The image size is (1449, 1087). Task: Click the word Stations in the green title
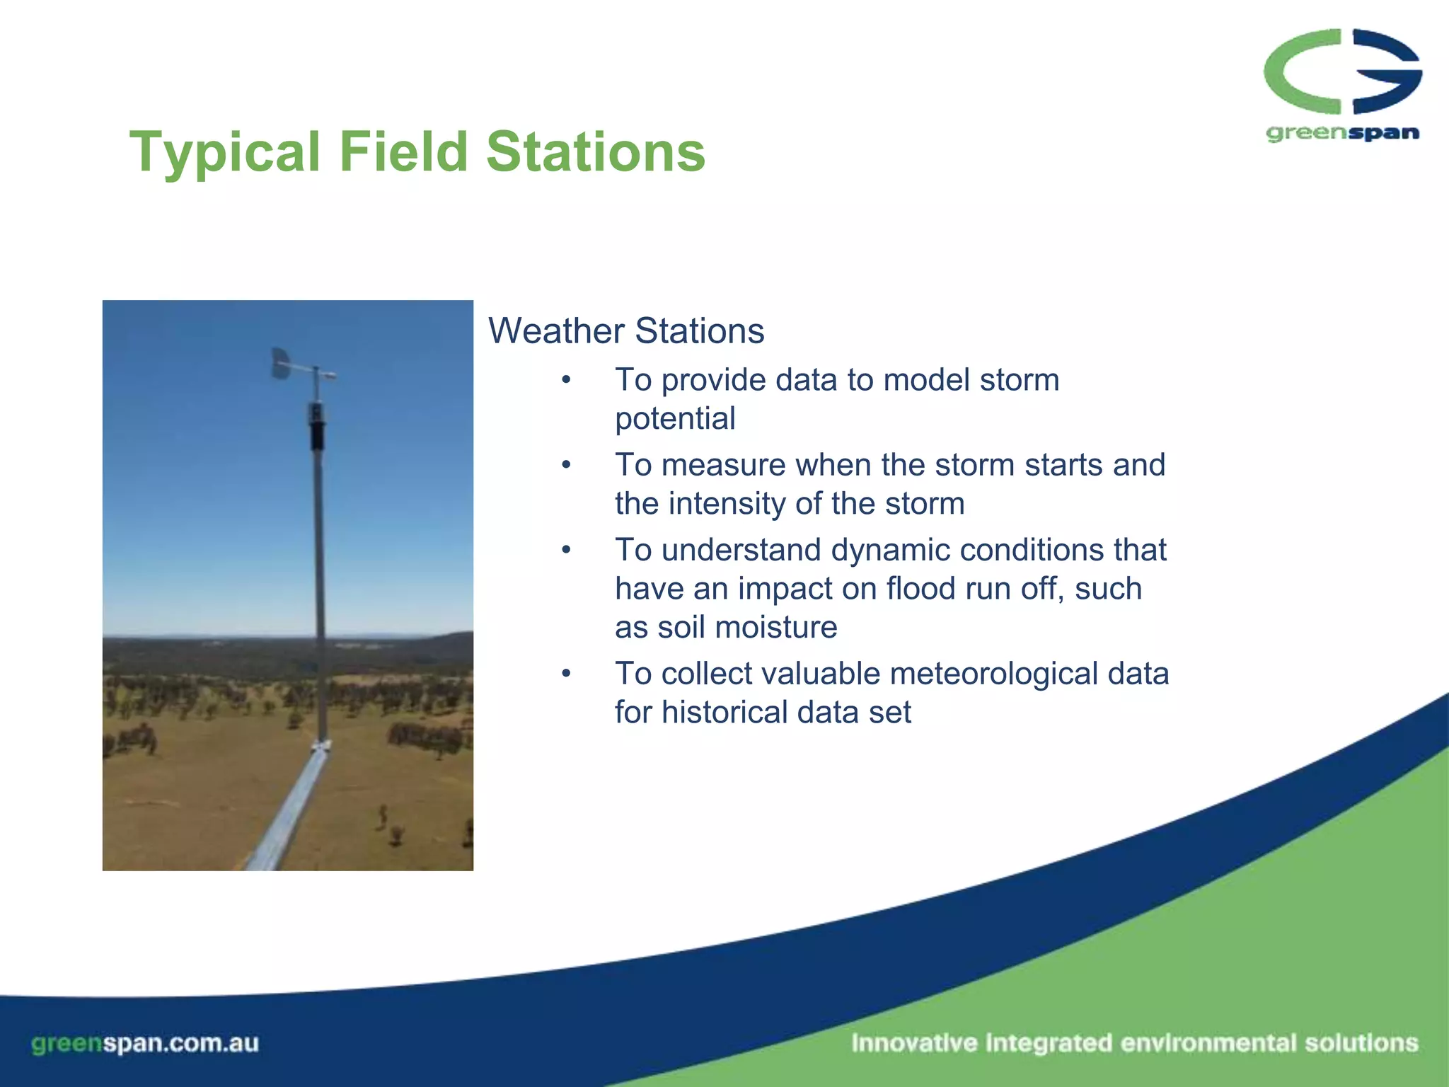click(x=596, y=151)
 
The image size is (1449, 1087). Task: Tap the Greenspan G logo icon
click(x=1342, y=71)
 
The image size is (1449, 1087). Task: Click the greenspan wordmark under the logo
click(x=1342, y=133)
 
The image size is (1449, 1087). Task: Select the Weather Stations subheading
click(x=626, y=330)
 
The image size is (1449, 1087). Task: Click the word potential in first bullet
click(x=675, y=418)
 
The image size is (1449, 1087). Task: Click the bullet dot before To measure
click(x=566, y=466)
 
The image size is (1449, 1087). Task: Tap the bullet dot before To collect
click(x=566, y=674)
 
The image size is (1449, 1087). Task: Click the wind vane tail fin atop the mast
click(x=281, y=363)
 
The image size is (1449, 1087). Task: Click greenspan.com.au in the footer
click(x=145, y=1043)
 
